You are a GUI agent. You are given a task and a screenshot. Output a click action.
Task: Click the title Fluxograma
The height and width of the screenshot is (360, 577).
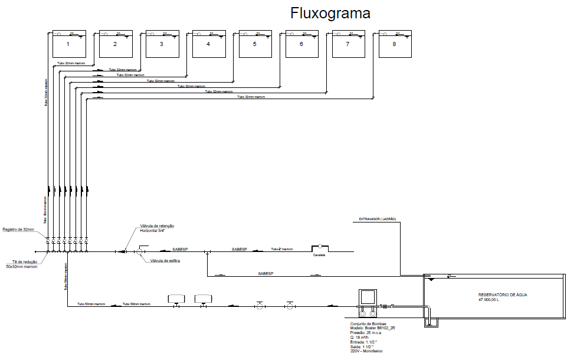pyautogui.click(x=330, y=13)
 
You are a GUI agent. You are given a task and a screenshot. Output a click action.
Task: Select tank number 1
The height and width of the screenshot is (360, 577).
pyautogui.click(x=68, y=44)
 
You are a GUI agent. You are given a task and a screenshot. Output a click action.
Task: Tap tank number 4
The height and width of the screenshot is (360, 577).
pyautogui.click(x=208, y=44)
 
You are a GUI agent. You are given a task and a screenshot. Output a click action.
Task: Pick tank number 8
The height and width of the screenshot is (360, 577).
pyautogui.click(x=395, y=44)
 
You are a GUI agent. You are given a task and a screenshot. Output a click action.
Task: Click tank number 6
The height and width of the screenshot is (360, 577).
pyautogui.click(x=301, y=44)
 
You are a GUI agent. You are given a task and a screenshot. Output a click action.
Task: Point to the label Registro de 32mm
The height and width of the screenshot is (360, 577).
pyautogui.click(x=18, y=229)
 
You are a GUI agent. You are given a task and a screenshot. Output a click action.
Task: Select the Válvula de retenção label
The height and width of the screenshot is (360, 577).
pyautogui.click(x=157, y=226)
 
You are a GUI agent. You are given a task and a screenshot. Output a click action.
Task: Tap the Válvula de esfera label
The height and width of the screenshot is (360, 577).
pyautogui.click(x=165, y=260)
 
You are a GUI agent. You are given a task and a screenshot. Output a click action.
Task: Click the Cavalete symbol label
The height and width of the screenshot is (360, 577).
pyautogui.click(x=319, y=255)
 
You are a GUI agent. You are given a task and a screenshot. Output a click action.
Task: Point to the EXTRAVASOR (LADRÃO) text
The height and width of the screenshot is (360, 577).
pyautogui.click(x=378, y=220)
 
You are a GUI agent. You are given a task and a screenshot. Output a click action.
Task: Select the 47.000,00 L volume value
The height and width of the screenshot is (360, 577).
pyautogui.click(x=489, y=300)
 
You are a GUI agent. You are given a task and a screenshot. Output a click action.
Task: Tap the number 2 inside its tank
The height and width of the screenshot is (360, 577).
pyautogui.click(x=114, y=44)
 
